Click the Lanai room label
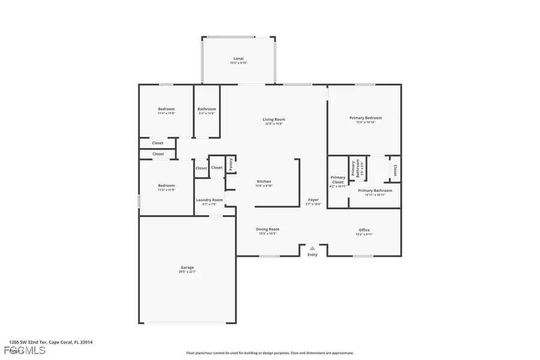(x=238, y=59)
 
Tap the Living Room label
(x=274, y=119)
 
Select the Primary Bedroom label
(x=365, y=118)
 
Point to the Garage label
(x=188, y=268)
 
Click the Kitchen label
(x=264, y=181)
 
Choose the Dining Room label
(x=268, y=229)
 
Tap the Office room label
(x=364, y=230)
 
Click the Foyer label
(x=313, y=199)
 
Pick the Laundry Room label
(x=209, y=200)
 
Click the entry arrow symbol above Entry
(x=313, y=247)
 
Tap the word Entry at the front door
(x=313, y=255)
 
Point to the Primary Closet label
(x=338, y=179)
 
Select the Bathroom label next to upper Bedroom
(x=206, y=109)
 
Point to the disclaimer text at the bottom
(x=270, y=353)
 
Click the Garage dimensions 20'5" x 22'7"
(x=188, y=272)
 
